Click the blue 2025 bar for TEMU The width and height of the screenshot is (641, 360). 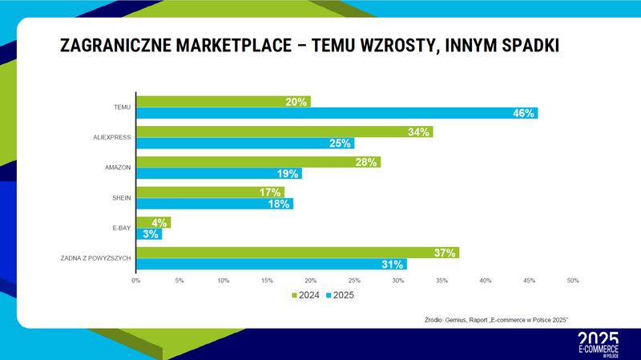(337, 113)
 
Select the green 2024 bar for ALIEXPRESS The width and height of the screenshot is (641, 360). (284, 131)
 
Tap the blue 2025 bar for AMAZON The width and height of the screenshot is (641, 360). (219, 173)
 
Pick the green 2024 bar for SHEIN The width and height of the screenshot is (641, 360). (210, 192)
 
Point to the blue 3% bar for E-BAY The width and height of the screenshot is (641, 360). (149, 234)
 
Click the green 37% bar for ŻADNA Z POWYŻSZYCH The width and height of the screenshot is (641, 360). (297, 253)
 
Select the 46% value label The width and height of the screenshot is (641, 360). (523, 113)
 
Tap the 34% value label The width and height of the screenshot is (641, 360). (419, 131)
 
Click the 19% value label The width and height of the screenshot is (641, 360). (288, 173)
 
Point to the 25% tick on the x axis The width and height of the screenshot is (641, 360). (354, 280)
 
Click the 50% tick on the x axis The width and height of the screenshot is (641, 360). (573, 280)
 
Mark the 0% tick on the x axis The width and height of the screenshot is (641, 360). (136, 280)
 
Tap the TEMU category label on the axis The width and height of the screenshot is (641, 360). (123, 107)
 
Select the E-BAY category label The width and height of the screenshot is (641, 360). (123, 228)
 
